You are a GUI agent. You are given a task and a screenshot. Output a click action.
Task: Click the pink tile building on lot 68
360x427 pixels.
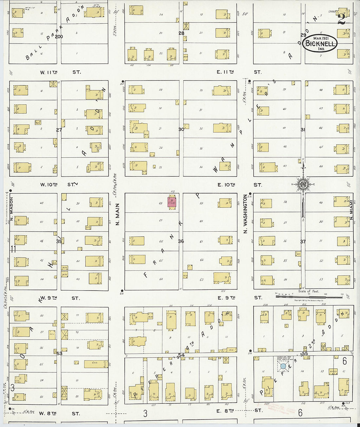172,202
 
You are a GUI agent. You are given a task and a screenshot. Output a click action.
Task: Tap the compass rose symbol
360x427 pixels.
303,185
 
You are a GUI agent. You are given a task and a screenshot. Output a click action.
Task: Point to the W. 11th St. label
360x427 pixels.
60,72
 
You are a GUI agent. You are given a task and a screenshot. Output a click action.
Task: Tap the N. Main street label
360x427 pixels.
118,214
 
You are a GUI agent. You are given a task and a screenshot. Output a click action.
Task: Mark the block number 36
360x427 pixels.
181,241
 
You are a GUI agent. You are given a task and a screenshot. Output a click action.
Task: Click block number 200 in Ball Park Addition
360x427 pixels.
59,37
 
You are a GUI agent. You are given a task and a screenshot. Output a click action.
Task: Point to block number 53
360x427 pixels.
59,353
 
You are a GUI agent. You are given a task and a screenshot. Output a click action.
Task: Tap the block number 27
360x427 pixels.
59,130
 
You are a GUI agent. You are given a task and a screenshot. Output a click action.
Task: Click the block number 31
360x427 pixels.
303,130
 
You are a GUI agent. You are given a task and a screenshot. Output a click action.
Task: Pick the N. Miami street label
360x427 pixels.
351,213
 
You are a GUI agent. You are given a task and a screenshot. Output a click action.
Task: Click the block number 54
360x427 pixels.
181,355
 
